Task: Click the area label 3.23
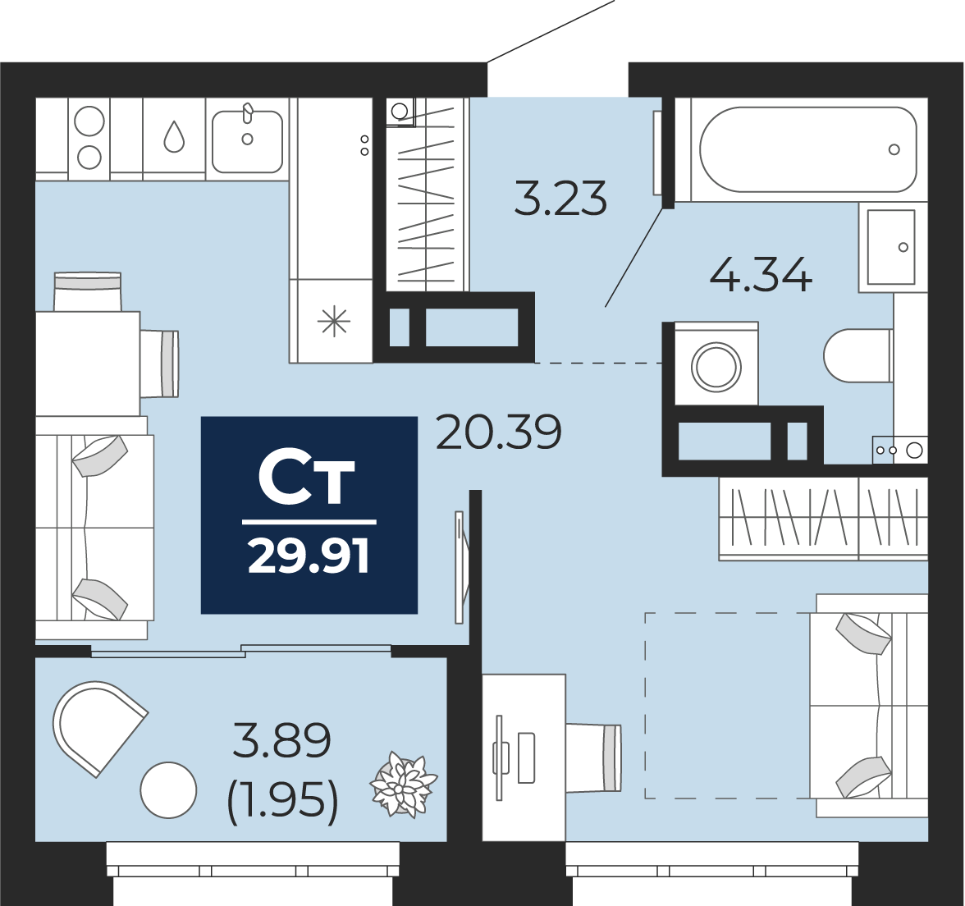point(560,199)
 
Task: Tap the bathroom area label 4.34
point(761,275)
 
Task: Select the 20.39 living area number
point(498,432)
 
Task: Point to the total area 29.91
point(309,557)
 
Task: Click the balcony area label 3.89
point(282,740)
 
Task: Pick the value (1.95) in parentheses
point(282,798)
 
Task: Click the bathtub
point(807,150)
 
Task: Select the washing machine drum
point(716,366)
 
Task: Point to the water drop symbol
point(174,137)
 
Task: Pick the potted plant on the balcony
point(403,785)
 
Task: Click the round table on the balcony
point(168,790)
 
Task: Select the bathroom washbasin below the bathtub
point(891,246)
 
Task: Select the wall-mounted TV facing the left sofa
point(460,566)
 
